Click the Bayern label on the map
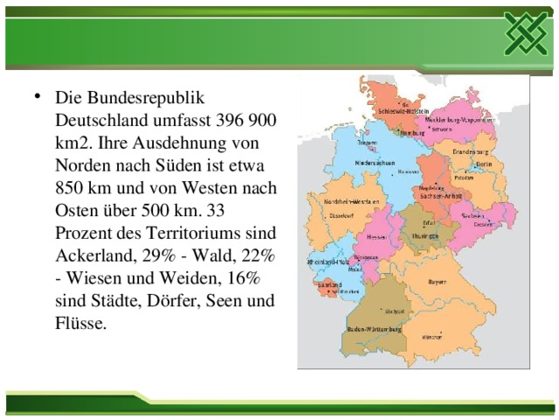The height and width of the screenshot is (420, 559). click(x=438, y=282)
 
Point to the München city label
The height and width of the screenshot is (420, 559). click(x=431, y=336)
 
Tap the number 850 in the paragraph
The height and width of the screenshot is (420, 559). click(x=71, y=186)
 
